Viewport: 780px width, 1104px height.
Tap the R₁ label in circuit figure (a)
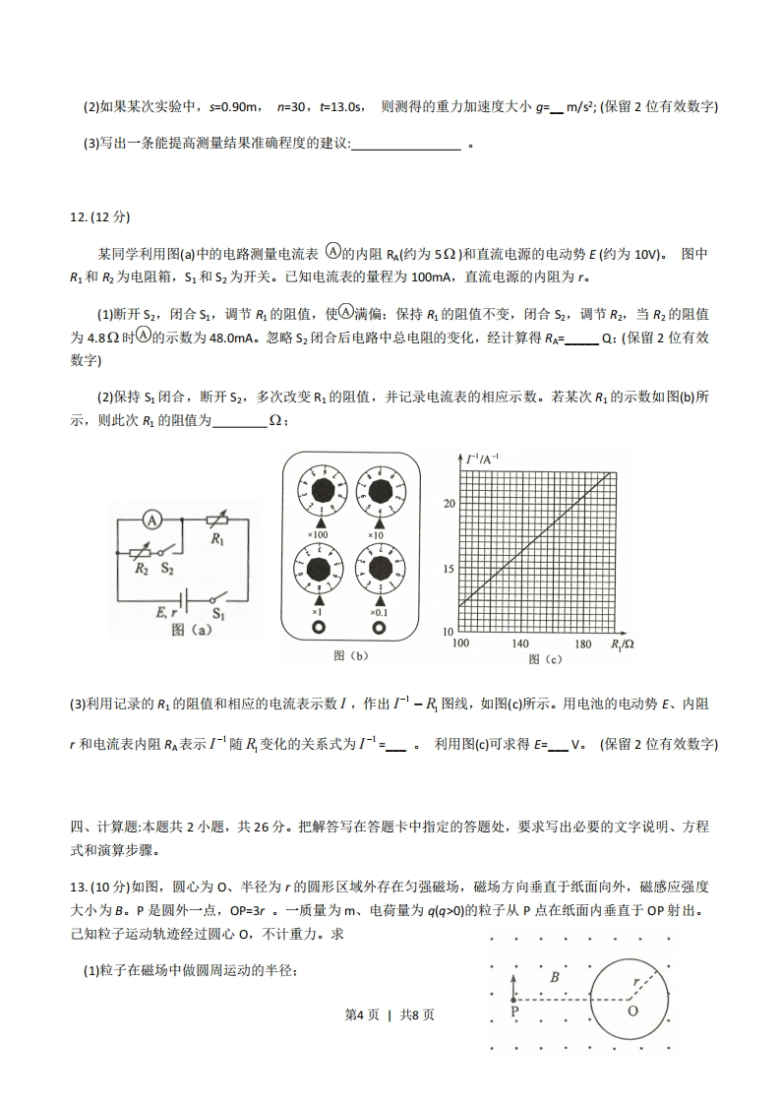[x=217, y=539]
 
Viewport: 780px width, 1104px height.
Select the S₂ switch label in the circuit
[x=167, y=569]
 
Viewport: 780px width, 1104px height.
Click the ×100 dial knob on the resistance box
[x=319, y=490]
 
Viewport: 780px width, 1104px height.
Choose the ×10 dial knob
[x=379, y=490]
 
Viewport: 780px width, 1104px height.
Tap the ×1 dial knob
[x=319, y=570]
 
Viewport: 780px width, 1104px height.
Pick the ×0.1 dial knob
[x=379, y=570]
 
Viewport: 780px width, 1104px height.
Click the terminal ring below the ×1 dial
[x=319, y=627]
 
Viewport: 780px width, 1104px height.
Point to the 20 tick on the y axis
[x=450, y=504]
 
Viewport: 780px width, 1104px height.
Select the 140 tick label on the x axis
[x=521, y=644]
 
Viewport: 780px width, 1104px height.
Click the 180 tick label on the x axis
[x=582, y=644]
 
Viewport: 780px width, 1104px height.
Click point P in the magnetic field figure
[x=513, y=1010]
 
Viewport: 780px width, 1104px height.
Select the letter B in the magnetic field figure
[x=555, y=977]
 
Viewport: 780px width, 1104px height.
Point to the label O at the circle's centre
[x=632, y=1011]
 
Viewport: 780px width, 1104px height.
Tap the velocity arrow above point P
[x=513, y=985]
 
